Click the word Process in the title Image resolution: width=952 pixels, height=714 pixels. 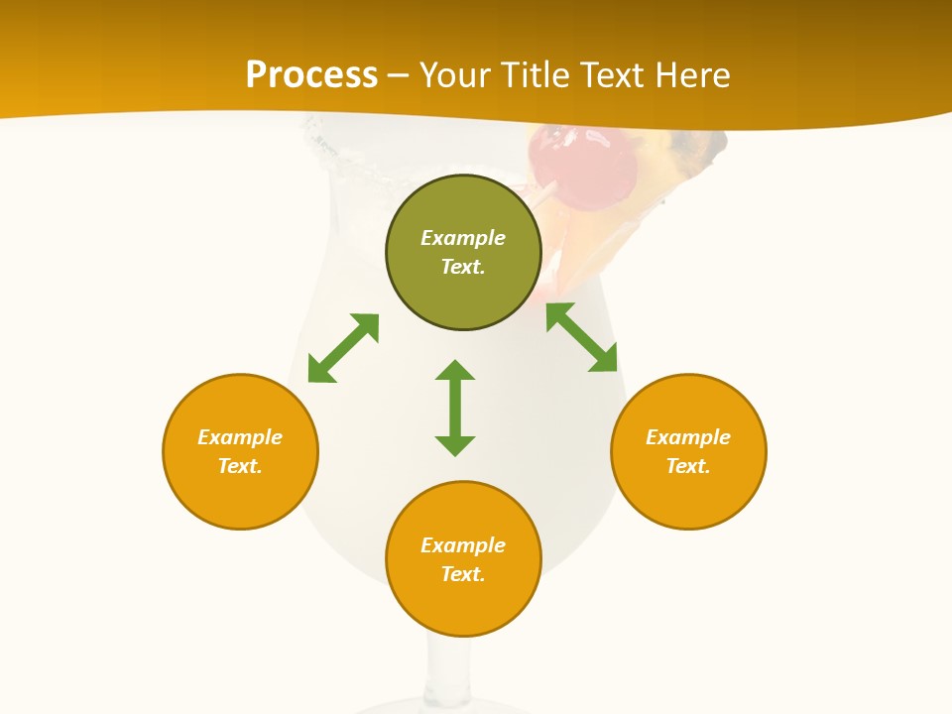pyautogui.click(x=311, y=75)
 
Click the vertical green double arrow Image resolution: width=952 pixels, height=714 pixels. pyautogui.click(x=455, y=409)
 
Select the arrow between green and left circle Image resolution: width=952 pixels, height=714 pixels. pyautogui.click(x=343, y=348)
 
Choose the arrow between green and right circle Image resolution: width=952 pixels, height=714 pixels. pyautogui.click(x=582, y=337)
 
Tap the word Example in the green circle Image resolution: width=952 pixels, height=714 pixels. pyautogui.click(x=463, y=238)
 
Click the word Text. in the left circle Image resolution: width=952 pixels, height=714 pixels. pyautogui.click(x=240, y=466)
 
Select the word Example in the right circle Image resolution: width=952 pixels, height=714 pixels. pyautogui.click(x=688, y=437)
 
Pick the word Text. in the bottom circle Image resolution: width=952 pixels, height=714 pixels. pyautogui.click(x=463, y=574)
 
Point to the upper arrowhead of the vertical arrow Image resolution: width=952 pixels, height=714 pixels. pyautogui.click(x=455, y=371)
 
